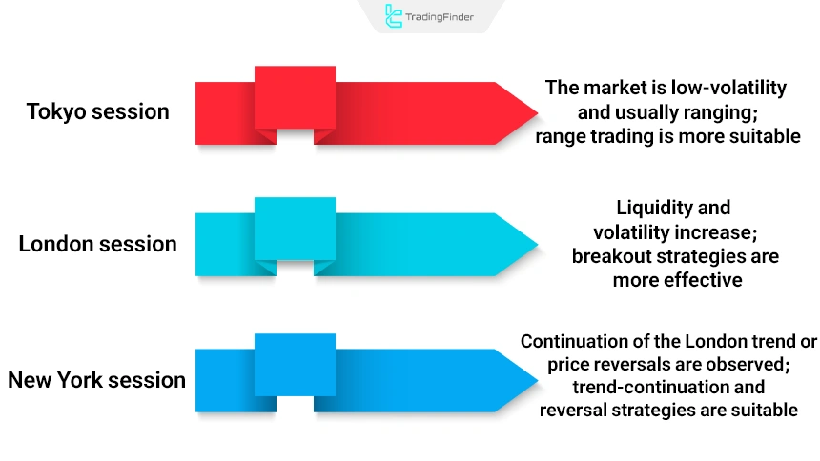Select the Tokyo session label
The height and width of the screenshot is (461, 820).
tap(97, 111)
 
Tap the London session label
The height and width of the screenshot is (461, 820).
tap(97, 244)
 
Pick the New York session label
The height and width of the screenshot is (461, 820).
tap(96, 380)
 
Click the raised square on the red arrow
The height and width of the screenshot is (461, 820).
tap(295, 97)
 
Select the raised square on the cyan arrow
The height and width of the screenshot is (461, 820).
tap(295, 229)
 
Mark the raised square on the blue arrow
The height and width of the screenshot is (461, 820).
tap(295, 364)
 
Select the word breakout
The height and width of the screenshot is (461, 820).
tap(611, 256)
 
